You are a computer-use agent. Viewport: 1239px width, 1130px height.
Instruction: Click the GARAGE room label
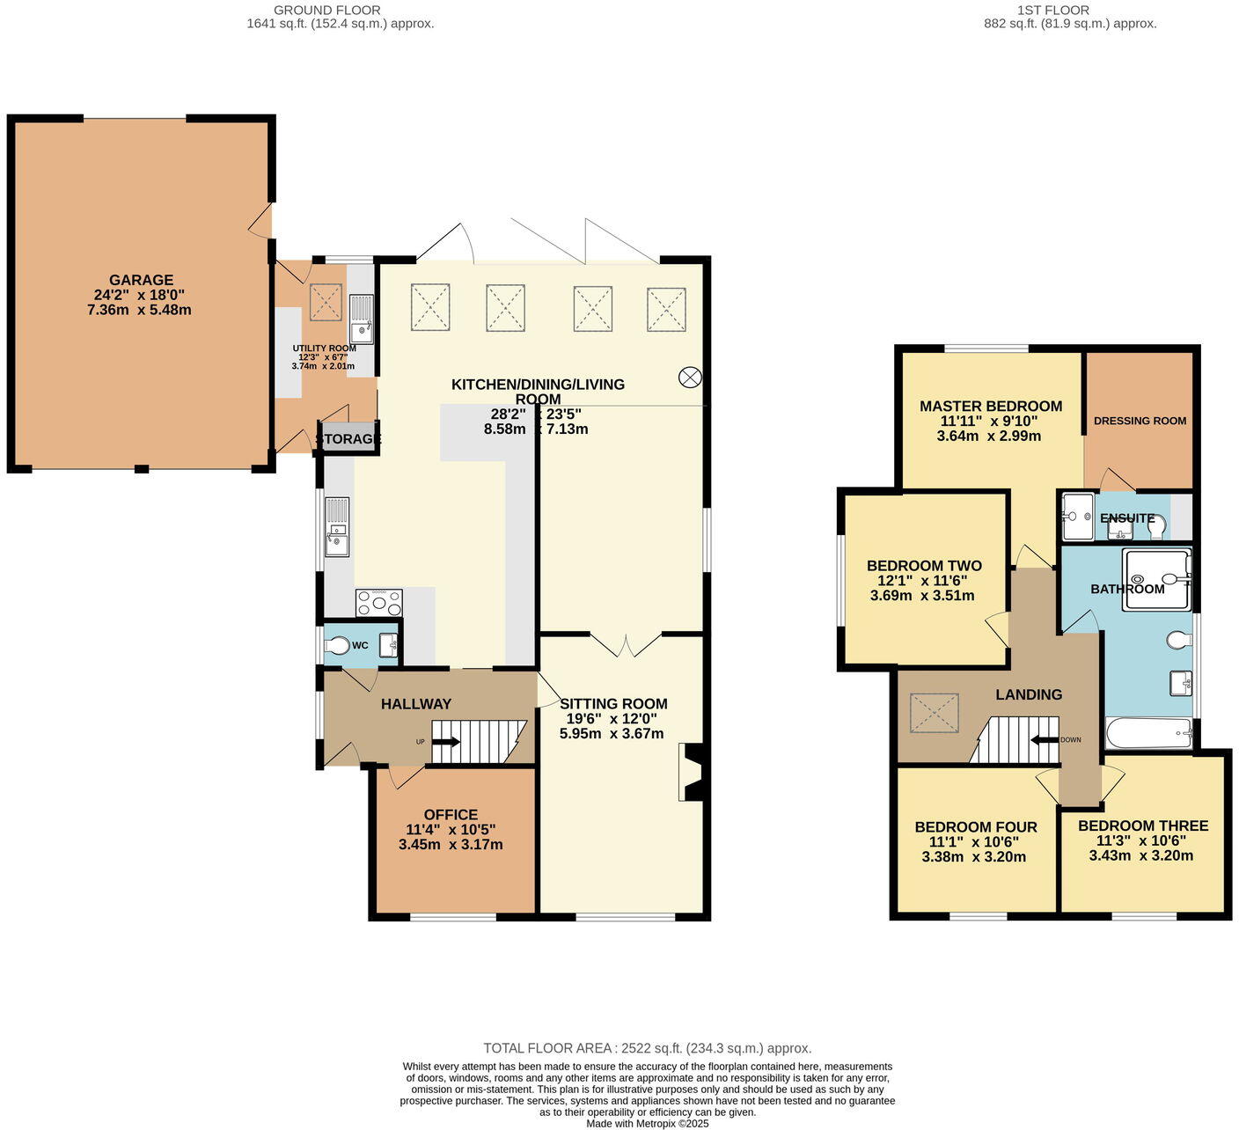coord(141,280)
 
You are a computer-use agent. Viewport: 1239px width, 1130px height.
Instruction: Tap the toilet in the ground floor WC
coord(337,646)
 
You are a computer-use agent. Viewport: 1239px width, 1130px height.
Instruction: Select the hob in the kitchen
coord(378,603)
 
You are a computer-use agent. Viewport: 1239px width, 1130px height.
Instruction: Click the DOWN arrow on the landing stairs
coord(1045,739)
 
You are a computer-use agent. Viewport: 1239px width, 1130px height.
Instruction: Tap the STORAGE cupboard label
coord(348,438)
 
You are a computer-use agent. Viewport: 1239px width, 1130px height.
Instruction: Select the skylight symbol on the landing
coord(935,713)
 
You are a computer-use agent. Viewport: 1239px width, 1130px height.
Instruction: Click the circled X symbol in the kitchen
coord(690,377)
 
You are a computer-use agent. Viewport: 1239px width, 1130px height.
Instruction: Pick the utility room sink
coord(362,319)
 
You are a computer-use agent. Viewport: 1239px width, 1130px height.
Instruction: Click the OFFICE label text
coord(451,814)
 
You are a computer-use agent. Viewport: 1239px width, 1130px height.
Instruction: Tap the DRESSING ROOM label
coord(1140,421)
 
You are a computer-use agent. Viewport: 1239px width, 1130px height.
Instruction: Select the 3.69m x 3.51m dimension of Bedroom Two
coord(922,596)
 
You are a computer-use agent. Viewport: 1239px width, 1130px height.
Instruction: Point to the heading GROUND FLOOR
coord(326,10)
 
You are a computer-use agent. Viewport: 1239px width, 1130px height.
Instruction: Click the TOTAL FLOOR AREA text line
coord(648,1048)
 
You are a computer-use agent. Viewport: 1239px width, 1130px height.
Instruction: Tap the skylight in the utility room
coord(326,302)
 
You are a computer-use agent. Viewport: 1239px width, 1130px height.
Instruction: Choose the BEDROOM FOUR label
coord(976,826)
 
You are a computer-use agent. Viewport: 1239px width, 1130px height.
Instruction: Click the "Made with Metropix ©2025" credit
coord(648,1123)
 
